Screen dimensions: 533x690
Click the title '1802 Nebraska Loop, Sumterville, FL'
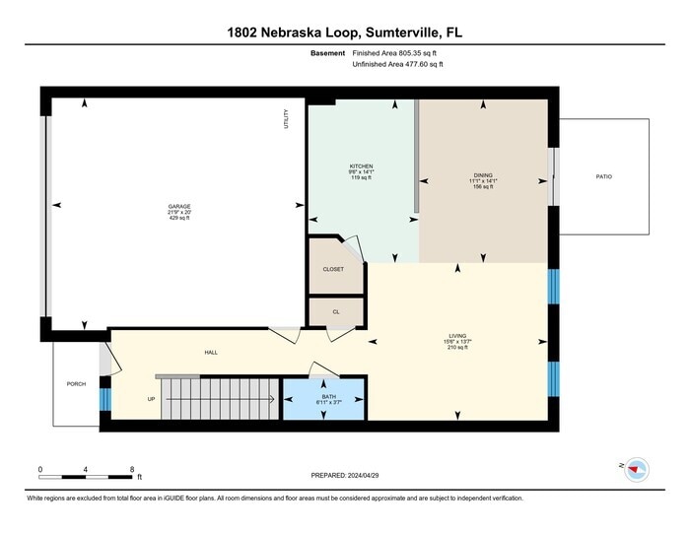344,33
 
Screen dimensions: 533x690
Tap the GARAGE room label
178,206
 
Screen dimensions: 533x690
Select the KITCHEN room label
361,167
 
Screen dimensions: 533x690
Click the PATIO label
603,177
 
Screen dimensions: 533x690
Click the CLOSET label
333,269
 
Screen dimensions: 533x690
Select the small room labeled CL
335,310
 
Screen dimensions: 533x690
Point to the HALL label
211,352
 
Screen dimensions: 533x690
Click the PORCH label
76,383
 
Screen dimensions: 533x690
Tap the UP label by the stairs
151,399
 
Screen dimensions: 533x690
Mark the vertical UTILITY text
286,120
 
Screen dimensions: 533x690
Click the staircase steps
221,399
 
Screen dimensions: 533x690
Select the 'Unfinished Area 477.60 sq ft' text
398,64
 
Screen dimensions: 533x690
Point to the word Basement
327,52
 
